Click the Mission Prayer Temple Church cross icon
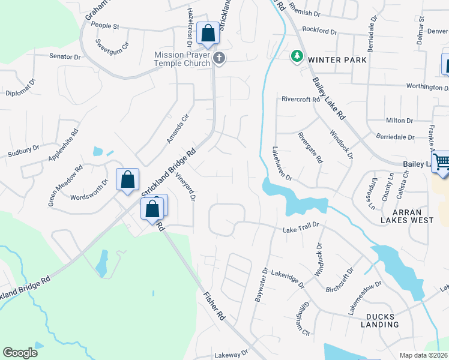click(x=219, y=58)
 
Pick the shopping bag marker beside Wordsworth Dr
click(x=127, y=179)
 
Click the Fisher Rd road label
click(x=213, y=306)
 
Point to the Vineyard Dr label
click(x=185, y=187)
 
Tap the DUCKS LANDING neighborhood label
click(x=380, y=320)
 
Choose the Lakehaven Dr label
click(x=282, y=164)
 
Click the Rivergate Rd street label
click(x=310, y=148)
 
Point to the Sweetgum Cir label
click(x=113, y=44)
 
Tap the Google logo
click(x=20, y=353)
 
